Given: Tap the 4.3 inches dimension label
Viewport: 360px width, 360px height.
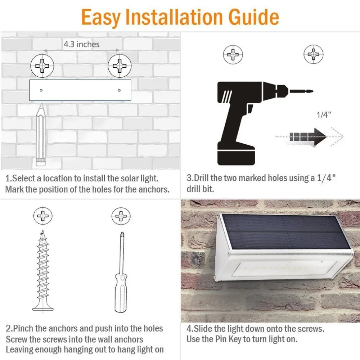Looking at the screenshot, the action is pyautogui.click(x=81, y=44).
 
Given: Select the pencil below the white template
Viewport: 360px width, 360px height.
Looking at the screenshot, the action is pyautogui.click(x=41, y=135).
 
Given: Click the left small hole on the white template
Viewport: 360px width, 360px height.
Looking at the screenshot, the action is pyautogui.click(x=41, y=90).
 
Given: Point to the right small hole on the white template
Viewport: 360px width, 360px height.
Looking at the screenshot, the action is pyautogui.click(x=119, y=90).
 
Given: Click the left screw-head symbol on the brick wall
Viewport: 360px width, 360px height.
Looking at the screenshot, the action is pyautogui.click(x=42, y=66).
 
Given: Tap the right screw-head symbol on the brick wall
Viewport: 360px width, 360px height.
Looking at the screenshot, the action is pyautogui.click(x=120, y=66).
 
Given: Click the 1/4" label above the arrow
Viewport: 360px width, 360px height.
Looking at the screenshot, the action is pyautogui.click(x=324, y=114).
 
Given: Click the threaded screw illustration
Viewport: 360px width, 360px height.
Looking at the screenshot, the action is pyautogui.click(x=43, y=271).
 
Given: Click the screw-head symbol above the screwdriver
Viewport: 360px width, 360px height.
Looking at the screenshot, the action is pyautogui.click(x=121, y=216).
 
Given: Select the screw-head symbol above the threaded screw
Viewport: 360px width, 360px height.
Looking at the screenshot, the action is pyautogui.click(x=43, y=216).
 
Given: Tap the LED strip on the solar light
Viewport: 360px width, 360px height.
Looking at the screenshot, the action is pyautogui.click(x=285, y=269).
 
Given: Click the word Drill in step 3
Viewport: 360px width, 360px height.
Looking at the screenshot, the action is pyautogui.click(x=201, y=178).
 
